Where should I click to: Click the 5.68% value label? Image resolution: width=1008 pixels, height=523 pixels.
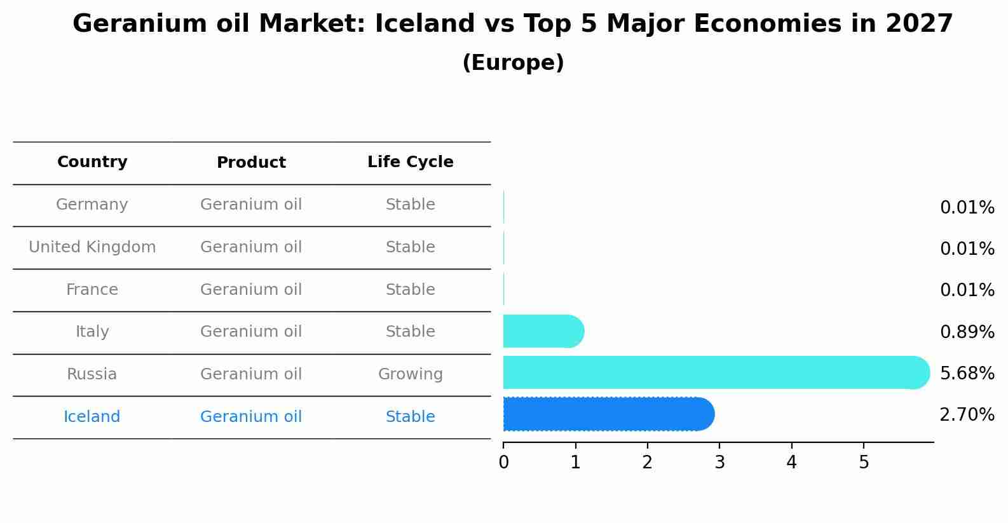click(967, 373)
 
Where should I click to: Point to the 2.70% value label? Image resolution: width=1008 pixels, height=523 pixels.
click(967, 415)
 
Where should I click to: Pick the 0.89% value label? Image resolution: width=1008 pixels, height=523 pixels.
click(967, 332)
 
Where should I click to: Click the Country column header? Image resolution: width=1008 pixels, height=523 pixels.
click(92, 162)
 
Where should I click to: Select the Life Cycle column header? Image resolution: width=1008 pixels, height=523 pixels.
click(410, 162)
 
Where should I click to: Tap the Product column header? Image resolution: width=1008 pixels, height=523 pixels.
click(251, 163)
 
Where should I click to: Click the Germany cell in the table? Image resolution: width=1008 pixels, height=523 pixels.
click(92, 205)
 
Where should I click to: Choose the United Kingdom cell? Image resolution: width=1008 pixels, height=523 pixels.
click(92, 247)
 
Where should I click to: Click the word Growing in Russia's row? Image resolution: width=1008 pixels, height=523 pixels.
click(410, 374)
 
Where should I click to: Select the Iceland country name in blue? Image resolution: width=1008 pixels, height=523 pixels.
click(92, 417)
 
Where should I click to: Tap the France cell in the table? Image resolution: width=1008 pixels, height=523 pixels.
click(92, 290)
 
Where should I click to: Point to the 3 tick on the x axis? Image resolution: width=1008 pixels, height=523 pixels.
click(719, 463)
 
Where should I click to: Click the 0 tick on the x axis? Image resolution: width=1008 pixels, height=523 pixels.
click(503, 463)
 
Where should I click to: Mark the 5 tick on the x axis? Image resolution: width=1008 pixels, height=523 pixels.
click(864, 463)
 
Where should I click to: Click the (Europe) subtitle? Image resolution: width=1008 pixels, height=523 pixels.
click(513, 63)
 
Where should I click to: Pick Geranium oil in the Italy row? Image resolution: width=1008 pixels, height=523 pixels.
click(251, 332)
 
